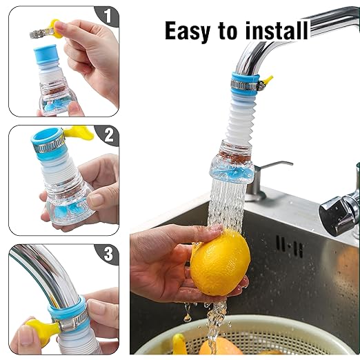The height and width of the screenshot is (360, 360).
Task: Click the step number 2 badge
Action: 106,135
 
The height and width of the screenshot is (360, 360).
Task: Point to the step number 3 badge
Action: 106,254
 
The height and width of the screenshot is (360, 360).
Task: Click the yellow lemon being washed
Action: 220,263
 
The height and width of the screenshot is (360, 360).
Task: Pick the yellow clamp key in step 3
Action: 41,331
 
